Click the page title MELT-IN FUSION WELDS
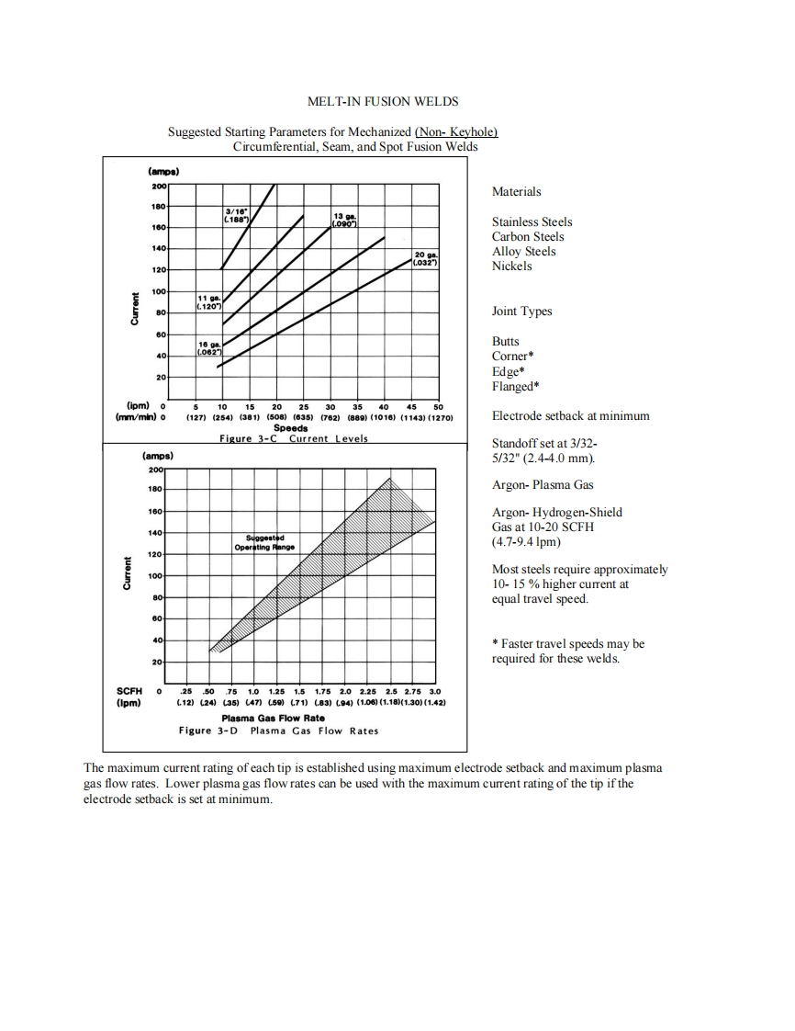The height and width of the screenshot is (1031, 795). pyautogui.click(x=383, y=101)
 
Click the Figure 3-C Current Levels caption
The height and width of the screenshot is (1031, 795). pyautogui.click(x=294, y=438)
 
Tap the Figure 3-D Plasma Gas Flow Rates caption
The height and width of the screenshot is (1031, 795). pyautogui.click(x=278, y=731)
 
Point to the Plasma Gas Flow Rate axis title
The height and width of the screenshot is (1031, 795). pyautogui.click(x=273, y=719)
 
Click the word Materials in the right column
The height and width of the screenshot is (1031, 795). pyautogui.click(x=517, y=192)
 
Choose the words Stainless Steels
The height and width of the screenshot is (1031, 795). pyautogui.click(x=532, y=221)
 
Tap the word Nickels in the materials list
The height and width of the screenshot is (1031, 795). pyautogui.click(x=511, y=266)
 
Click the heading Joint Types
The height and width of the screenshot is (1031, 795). pyautogui.click(x=522, y=312)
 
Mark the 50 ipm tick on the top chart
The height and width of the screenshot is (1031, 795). pyautogui.click(x=439, y=406)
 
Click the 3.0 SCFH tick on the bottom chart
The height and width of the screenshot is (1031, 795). pyautogui.click(x=435, y=691)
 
